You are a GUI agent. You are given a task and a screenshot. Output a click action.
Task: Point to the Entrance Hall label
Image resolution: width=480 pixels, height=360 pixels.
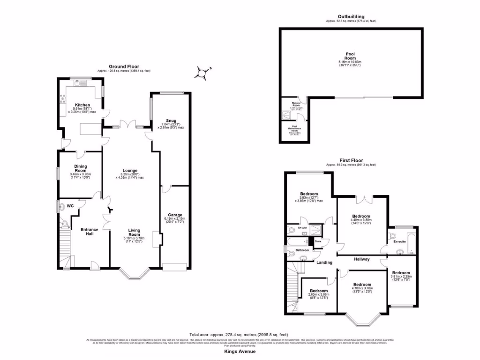90,231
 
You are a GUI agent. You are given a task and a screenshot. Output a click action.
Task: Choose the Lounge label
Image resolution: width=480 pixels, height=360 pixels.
130,170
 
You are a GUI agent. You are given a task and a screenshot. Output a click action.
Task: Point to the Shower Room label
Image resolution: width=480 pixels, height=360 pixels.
296,104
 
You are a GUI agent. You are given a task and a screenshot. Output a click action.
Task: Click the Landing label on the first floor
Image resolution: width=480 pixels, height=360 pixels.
324,262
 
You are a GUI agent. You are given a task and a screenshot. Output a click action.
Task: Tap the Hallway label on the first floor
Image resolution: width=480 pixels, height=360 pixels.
362,259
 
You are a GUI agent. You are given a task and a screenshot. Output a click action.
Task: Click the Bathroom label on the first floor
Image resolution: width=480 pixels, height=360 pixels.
302,250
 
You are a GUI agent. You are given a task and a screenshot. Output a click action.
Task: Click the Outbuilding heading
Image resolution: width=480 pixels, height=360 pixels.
351,17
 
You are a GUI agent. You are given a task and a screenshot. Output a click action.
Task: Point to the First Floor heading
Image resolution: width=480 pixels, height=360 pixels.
351,160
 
